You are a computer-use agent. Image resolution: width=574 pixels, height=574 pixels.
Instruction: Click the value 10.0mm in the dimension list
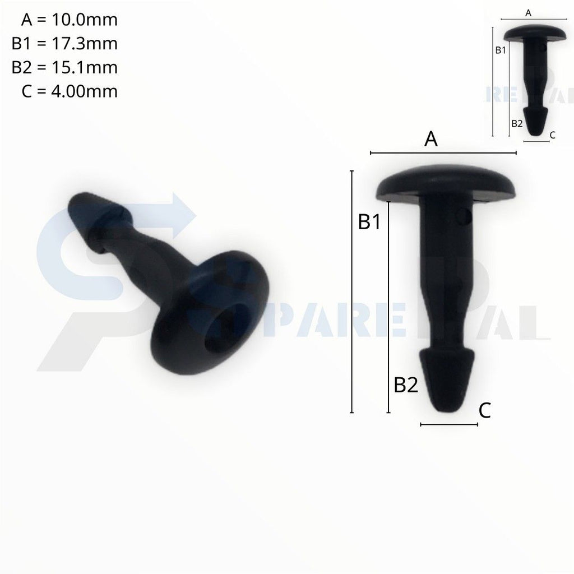(85, 20)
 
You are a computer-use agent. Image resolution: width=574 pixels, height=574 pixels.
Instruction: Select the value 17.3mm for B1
(85, 44)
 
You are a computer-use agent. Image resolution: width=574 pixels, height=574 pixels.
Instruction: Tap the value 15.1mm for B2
(85, 67)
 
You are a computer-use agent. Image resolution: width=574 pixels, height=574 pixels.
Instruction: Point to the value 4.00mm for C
(84, 91)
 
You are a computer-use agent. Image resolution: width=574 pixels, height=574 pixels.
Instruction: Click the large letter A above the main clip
(431, 140)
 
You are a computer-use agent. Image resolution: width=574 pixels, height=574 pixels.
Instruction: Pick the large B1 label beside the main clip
(369, 222)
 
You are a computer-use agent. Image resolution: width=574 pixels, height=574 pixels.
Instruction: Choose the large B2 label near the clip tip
(406, 385)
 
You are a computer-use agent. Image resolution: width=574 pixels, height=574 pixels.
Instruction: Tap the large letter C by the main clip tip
(485, 411)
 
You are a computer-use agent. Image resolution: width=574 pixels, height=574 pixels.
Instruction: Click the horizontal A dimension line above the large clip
(443, 152)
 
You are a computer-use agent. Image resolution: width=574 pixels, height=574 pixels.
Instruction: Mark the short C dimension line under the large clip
(449, 425)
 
